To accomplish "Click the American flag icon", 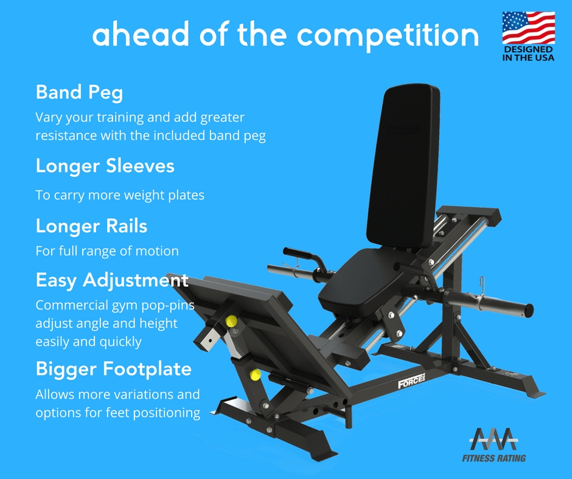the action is (x=529, y=28).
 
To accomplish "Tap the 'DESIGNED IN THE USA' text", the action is (x=528, y=53).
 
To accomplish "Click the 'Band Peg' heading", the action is (x=79, y=92).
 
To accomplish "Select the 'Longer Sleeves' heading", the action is (x=105, y=166).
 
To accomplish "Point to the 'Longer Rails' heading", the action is (x=91, y=226).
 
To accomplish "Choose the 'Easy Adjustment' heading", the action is (x=112, y=281).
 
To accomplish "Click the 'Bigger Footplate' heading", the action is (x=113, y=369).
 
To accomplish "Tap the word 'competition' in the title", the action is (x=388, y=35).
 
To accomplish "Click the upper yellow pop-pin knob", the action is (x=231, y=321).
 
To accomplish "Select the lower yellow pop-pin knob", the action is (x=255, y=374).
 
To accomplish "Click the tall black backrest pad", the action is (x=403, y=166).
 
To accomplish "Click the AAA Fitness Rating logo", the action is (x=494, y=444).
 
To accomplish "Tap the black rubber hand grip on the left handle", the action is (x=297, y=252).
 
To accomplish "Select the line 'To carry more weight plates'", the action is (x=120, y=195).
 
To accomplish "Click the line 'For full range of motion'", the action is (x=107, y=251).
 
